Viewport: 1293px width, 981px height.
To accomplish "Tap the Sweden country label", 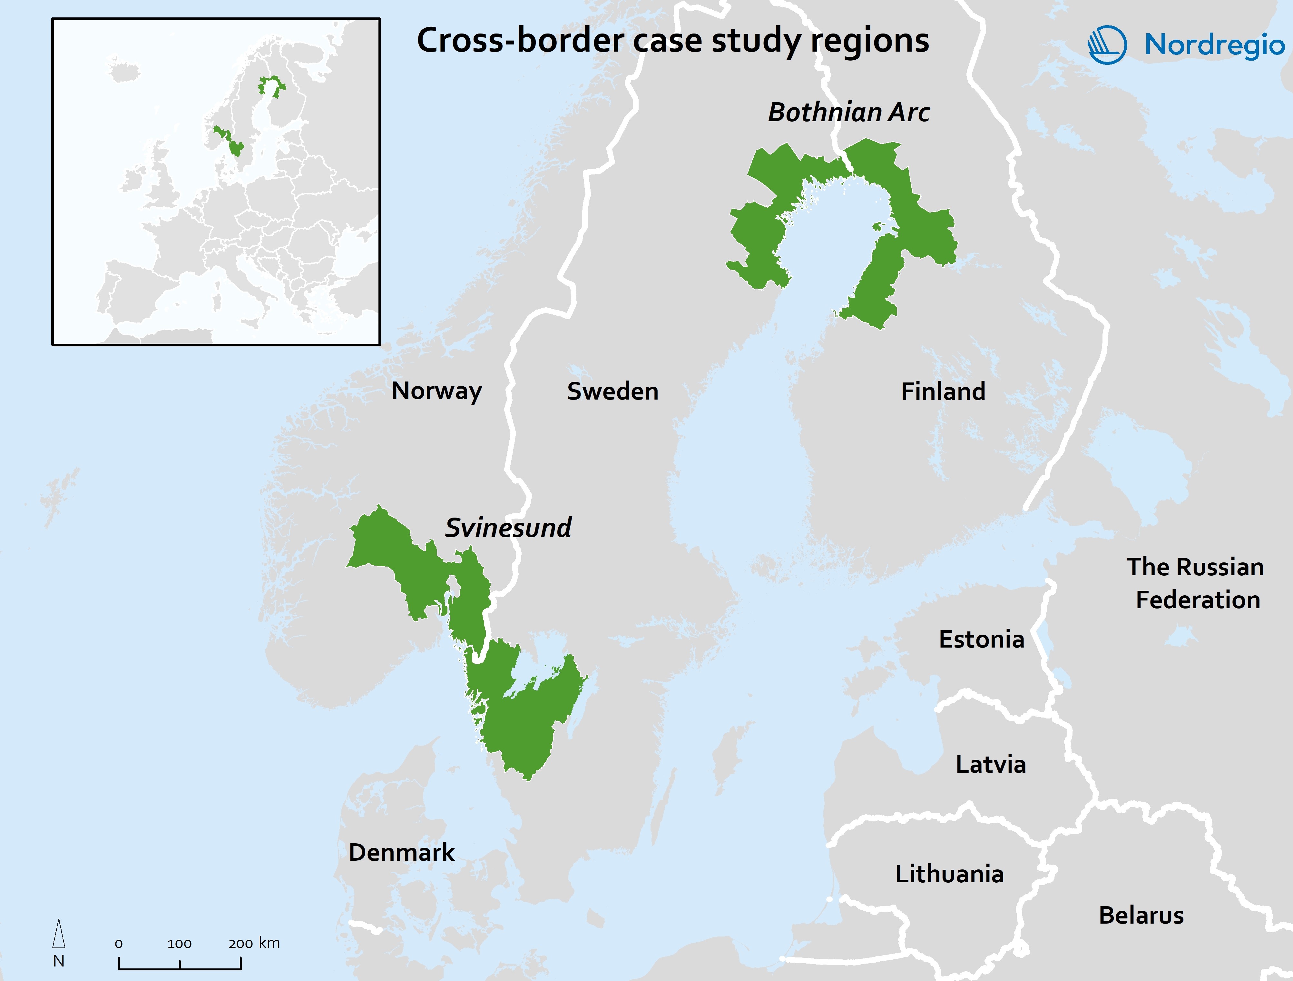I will click(x=612, y=391).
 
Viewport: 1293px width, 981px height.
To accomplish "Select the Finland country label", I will click(x=943, y=391).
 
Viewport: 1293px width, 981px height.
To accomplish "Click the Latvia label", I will click(x=990, y=764).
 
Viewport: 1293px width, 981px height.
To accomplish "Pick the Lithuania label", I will click(x=949, y=873).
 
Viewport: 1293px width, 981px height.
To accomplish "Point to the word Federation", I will click(x=1198, y=600).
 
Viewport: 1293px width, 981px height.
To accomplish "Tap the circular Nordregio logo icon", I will click(x=1107, y=45).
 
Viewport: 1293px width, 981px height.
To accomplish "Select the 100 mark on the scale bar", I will click(x=180, y=944).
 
